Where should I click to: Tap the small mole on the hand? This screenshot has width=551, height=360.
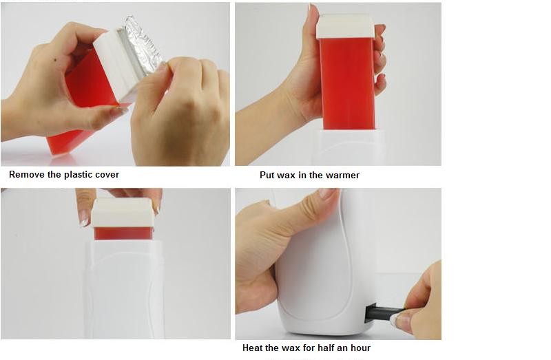click(56, 60)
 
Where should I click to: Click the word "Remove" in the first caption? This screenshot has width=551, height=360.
click(27, 175)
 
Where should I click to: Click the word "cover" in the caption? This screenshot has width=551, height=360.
click(106, 175)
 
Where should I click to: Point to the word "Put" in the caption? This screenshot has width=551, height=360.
click(267, 176)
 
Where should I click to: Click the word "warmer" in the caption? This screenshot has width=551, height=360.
click(342, 176)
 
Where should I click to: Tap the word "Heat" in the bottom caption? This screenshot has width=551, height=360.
click(253, 348)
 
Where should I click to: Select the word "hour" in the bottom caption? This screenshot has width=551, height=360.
click(360, 348)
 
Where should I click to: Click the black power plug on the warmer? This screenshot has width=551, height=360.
click(384, 313)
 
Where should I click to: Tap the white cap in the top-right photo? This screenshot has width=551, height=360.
click(345, 26)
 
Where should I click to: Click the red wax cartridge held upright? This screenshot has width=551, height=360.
click(346, 83)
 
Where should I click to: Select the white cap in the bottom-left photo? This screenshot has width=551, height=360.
click(123, 213)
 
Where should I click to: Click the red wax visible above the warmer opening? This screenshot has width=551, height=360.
click(123, 233)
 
